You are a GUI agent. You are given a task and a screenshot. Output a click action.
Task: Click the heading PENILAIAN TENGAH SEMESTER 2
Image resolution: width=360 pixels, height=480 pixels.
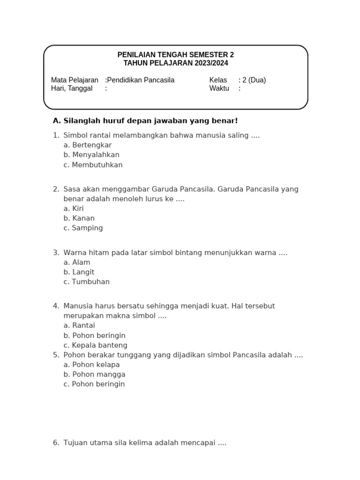click(x=175, y=55)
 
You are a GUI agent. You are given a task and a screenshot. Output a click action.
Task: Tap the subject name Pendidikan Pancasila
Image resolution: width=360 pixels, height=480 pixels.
click(x=141, y=80)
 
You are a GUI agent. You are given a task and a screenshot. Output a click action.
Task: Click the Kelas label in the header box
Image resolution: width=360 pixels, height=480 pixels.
click(x=218, y=80)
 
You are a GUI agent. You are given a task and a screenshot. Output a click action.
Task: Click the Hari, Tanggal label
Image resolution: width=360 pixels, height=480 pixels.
click(x=72, y=89)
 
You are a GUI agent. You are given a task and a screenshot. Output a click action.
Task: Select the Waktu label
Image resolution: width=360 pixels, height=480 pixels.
click(x=219, y=89)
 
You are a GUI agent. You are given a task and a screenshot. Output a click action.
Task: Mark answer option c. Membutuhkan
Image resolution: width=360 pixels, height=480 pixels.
click(x=93, y=165)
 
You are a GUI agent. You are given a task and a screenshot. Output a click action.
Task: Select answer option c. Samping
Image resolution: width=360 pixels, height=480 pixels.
click(x=83, y=228)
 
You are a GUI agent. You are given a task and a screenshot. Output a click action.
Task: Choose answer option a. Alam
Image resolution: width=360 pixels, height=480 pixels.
click(x=77, y=262)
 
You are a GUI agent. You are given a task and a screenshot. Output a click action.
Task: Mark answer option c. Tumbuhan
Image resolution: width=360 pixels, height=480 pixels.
click(x=86, y=282)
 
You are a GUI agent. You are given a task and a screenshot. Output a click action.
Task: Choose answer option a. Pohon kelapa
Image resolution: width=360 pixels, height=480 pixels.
click(x=91, y=365)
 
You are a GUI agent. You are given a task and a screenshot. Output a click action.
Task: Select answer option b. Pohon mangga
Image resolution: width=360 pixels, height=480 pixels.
click(x=94, y=375)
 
